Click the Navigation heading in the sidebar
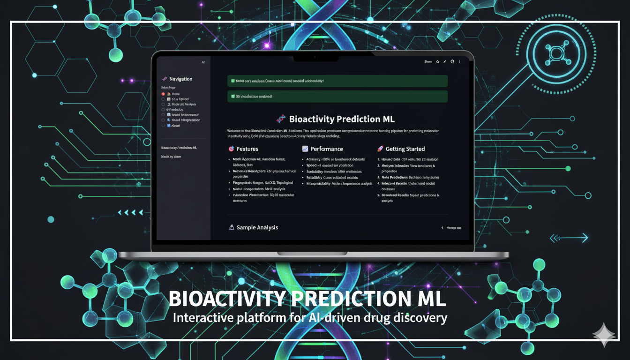tap(180, 79)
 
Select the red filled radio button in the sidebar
tap(163, 94)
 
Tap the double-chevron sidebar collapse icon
tap(203, 62)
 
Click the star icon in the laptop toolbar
tap(437, 61)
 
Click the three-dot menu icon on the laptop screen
tap(459, 61)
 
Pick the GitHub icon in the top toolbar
tap(452, 61)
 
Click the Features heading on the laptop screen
tap(247, 149)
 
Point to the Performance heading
tap(326, 149)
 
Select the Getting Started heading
tap(405, 149)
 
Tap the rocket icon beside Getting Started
tap(380, 149)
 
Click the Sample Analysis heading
tap(257, 227)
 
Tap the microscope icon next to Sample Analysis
tap(231, 227)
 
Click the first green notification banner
tap(337, 81)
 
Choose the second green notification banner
tap(337, 97)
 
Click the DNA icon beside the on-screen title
tap(281, 119)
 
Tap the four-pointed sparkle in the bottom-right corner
tap(604, 335)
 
